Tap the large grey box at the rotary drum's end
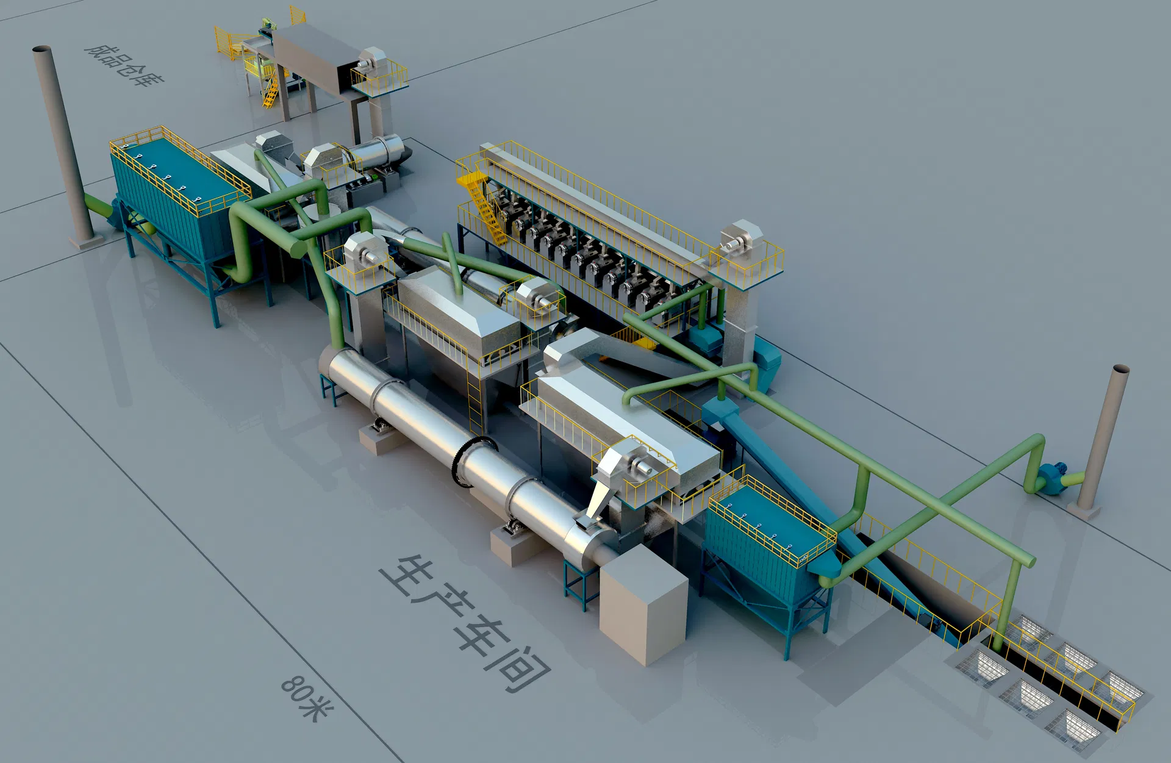tap(643, 604)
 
